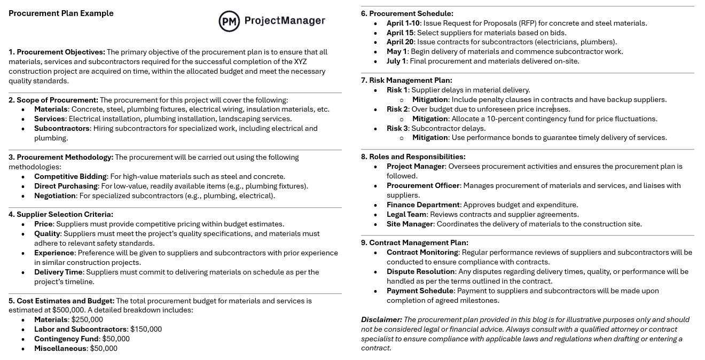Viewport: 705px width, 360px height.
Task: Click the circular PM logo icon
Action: click(x=229, y=21)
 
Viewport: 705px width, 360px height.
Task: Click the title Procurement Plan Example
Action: click(x=61, y=13)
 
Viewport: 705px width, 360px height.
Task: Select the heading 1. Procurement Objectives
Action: click(x=57, y=52)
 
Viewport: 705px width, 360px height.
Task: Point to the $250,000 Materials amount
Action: click(x=87, y=320)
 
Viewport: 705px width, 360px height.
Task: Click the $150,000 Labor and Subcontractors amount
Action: click(x=146, y=330)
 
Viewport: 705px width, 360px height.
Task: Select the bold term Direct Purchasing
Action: click(x=66, y=186)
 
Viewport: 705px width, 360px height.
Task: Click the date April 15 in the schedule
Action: click(x=400, y=33)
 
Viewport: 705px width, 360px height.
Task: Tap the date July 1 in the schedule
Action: click(x=396, y=61)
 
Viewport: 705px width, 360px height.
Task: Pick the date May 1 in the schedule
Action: click(x=396, y=52)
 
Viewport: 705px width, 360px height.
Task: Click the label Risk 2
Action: click(x=397, y=109)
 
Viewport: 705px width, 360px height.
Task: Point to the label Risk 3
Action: click(x=397, y=129)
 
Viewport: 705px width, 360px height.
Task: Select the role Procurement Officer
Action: click(x=423, y=186)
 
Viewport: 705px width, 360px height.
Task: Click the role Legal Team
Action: click(x=406, y=215)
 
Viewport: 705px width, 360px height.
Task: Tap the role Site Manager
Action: click(x=410, y=224)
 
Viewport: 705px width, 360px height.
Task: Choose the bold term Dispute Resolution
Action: click(x=421, y=272)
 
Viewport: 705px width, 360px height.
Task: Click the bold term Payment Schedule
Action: click(x=420, y=291)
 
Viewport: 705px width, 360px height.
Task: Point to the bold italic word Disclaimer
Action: click(x=381, y=320)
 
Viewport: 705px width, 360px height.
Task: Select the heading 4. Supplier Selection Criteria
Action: click(x=61, y=215)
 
